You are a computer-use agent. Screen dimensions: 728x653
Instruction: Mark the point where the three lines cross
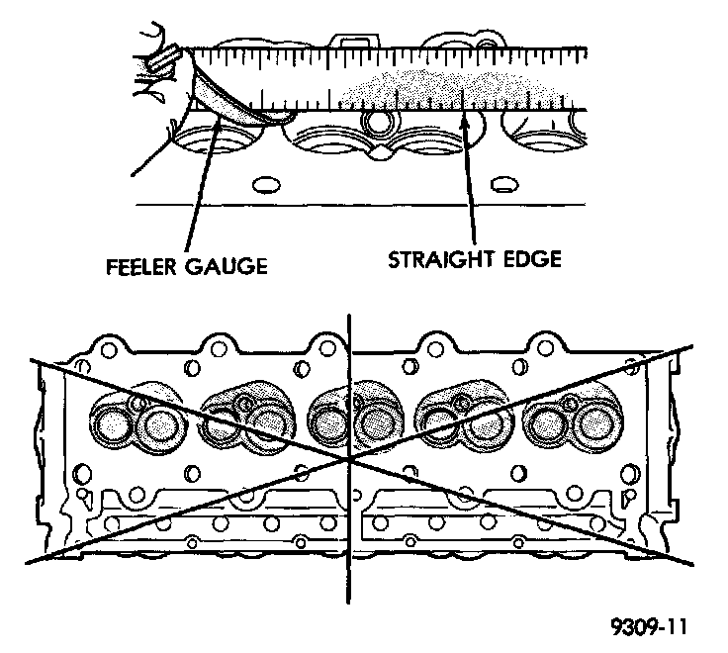point(349,460)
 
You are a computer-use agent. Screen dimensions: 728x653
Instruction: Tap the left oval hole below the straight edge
point(265,185)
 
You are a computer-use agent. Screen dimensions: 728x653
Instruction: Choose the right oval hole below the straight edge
point(503,185)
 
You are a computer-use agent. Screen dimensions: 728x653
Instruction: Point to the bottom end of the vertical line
point(349,601)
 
